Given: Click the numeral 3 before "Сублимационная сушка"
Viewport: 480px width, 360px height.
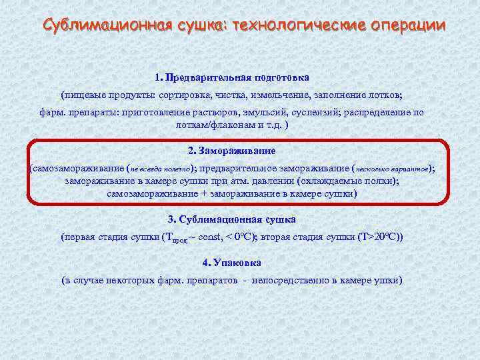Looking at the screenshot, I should [171, 219].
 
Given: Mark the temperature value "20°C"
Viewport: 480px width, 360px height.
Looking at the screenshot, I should [387, 237].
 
